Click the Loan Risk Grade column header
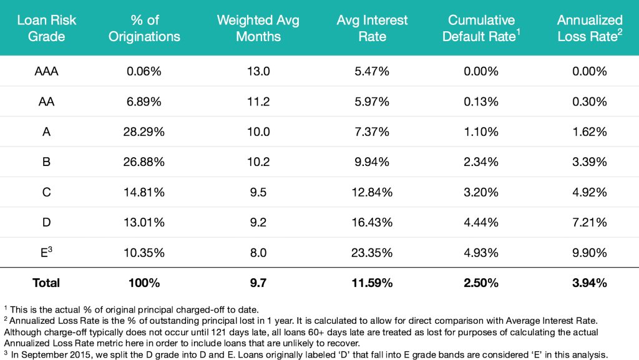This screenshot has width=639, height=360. (47, 28)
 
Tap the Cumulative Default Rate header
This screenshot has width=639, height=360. (480, 28)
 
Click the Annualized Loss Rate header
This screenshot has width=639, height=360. (590, 28)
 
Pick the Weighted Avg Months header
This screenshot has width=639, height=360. (258, 28)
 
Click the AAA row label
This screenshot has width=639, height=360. (47, 71)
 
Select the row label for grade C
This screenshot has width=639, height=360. (47, 192)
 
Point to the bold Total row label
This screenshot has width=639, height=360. (47, 283)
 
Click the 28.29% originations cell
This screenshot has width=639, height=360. (145, 132)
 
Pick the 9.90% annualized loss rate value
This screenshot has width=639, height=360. (590, 253)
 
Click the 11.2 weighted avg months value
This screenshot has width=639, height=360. (258, 102)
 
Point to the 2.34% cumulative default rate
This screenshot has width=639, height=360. (480, 162)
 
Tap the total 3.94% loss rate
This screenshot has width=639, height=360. (590, 283)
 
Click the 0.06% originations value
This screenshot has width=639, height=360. (144, 71)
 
